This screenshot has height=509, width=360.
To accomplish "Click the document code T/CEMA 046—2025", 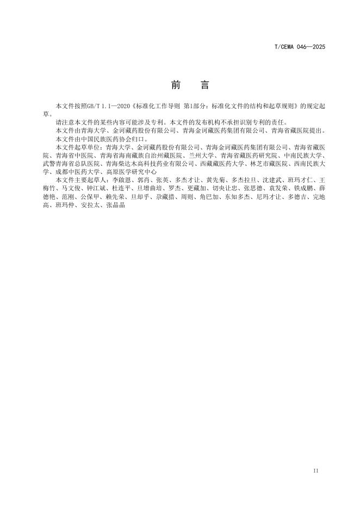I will pos(299,48).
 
